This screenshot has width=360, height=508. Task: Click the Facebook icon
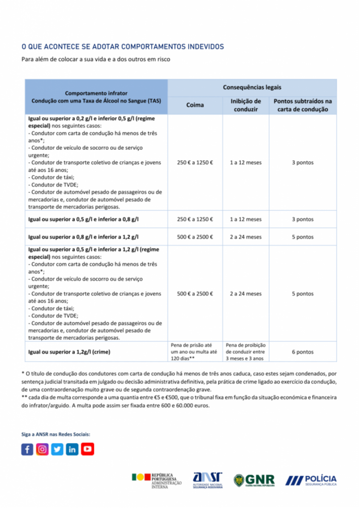coord(27,449)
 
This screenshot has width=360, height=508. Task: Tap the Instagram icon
coord(43,449)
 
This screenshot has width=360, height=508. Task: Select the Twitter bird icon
coord(58,449)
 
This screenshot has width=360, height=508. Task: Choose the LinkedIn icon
coord(72,449)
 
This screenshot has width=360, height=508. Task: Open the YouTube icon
coord(88,449)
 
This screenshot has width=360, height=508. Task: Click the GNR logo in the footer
coord(254,480)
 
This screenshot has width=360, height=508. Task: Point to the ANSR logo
coord(208,480)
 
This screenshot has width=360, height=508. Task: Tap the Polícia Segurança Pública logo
coord(311,480)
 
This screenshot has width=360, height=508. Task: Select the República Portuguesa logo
coord(156,480)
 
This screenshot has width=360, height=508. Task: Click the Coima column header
coord(195,105)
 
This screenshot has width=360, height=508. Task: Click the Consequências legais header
coord(252,87)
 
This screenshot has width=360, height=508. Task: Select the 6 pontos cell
coord(302,352)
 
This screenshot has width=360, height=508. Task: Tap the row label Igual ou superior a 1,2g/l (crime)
coord(70,352)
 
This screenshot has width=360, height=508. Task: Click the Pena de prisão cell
coord(195,351)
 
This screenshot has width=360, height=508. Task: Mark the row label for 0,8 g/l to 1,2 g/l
coord(84,237)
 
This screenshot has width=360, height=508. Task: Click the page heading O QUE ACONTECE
coord(123,47)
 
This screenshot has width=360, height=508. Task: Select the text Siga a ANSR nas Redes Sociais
coord(56,434)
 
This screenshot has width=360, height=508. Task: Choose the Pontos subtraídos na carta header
coord(302,105)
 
